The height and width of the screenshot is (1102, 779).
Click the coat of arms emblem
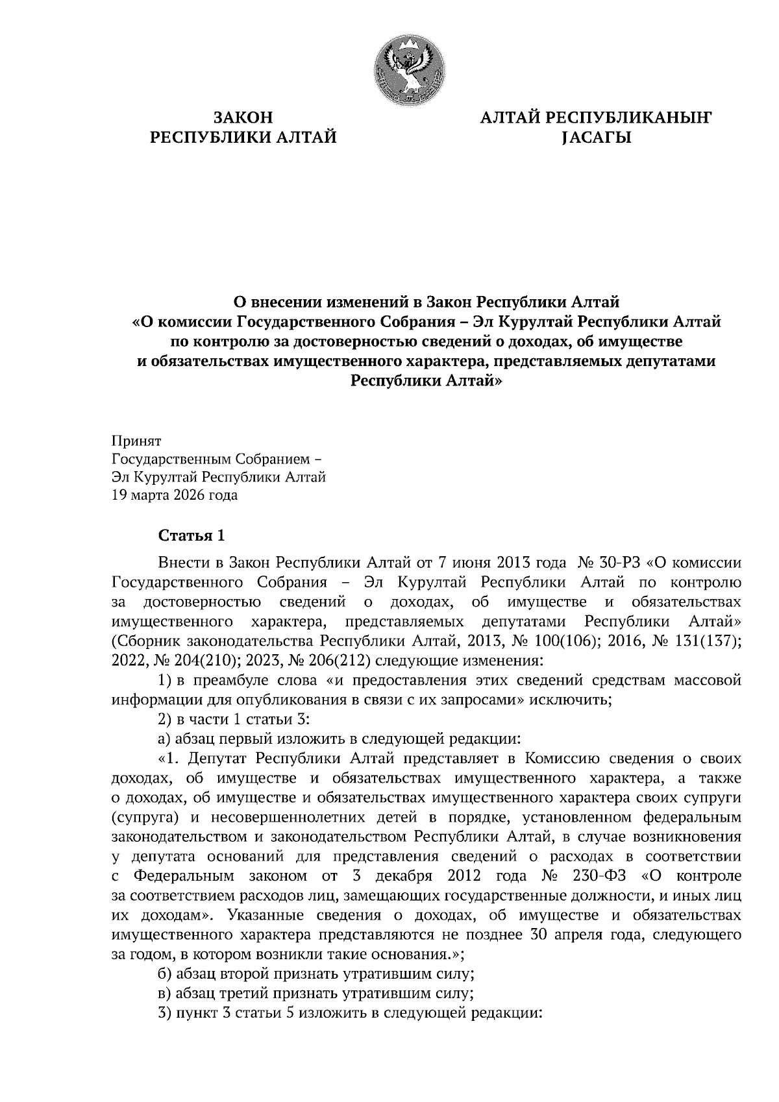click(x=410, y=71)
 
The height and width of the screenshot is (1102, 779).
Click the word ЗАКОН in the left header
click(x=243, y=117)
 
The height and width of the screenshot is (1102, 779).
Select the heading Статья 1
click(x=192, y=536)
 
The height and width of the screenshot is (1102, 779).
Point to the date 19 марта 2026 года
click(x=175, y=496)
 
